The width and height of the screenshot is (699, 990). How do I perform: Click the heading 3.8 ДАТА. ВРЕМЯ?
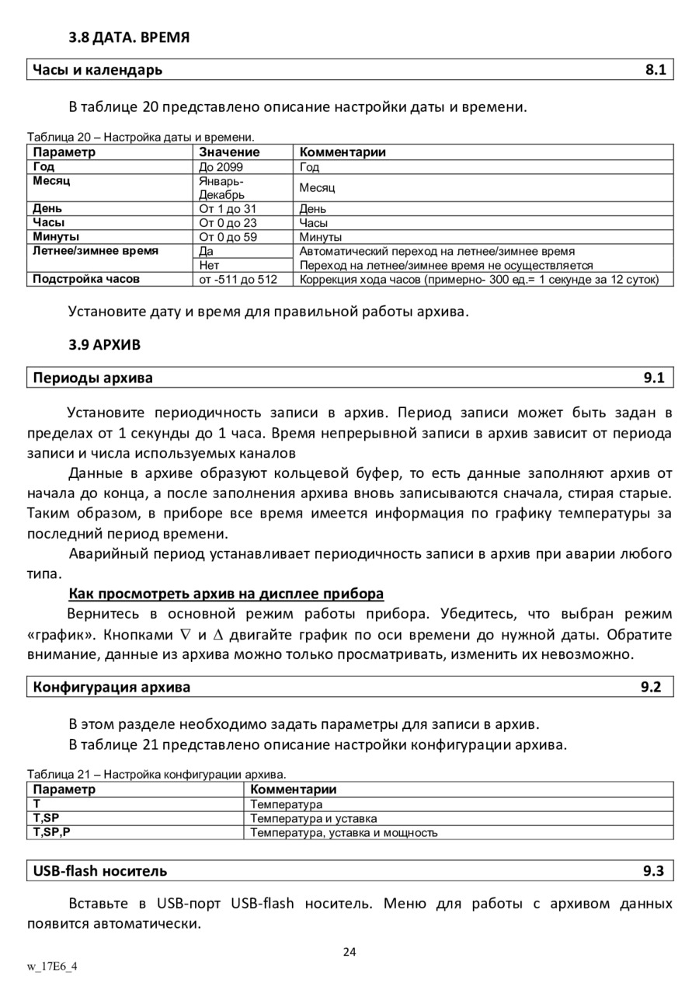129,37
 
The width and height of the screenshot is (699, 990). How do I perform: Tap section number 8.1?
656,70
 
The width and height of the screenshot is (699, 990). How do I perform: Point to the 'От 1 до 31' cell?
228,209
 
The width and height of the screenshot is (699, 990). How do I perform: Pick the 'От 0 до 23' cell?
228,223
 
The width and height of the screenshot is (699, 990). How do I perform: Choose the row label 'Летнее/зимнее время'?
96,251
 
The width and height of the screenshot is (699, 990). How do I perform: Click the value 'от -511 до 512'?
238,279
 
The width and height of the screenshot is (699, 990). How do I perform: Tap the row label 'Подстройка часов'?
86,279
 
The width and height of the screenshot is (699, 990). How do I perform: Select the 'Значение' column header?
229,152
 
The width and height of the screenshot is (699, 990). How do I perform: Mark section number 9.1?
654,378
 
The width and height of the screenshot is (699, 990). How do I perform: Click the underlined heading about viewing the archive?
226,594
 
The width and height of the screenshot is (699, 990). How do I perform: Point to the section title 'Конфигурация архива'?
111,687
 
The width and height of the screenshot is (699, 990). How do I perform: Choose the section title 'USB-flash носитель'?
99,871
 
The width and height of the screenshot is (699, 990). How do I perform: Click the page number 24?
349,953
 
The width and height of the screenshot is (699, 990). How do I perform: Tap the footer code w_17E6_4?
52,967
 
